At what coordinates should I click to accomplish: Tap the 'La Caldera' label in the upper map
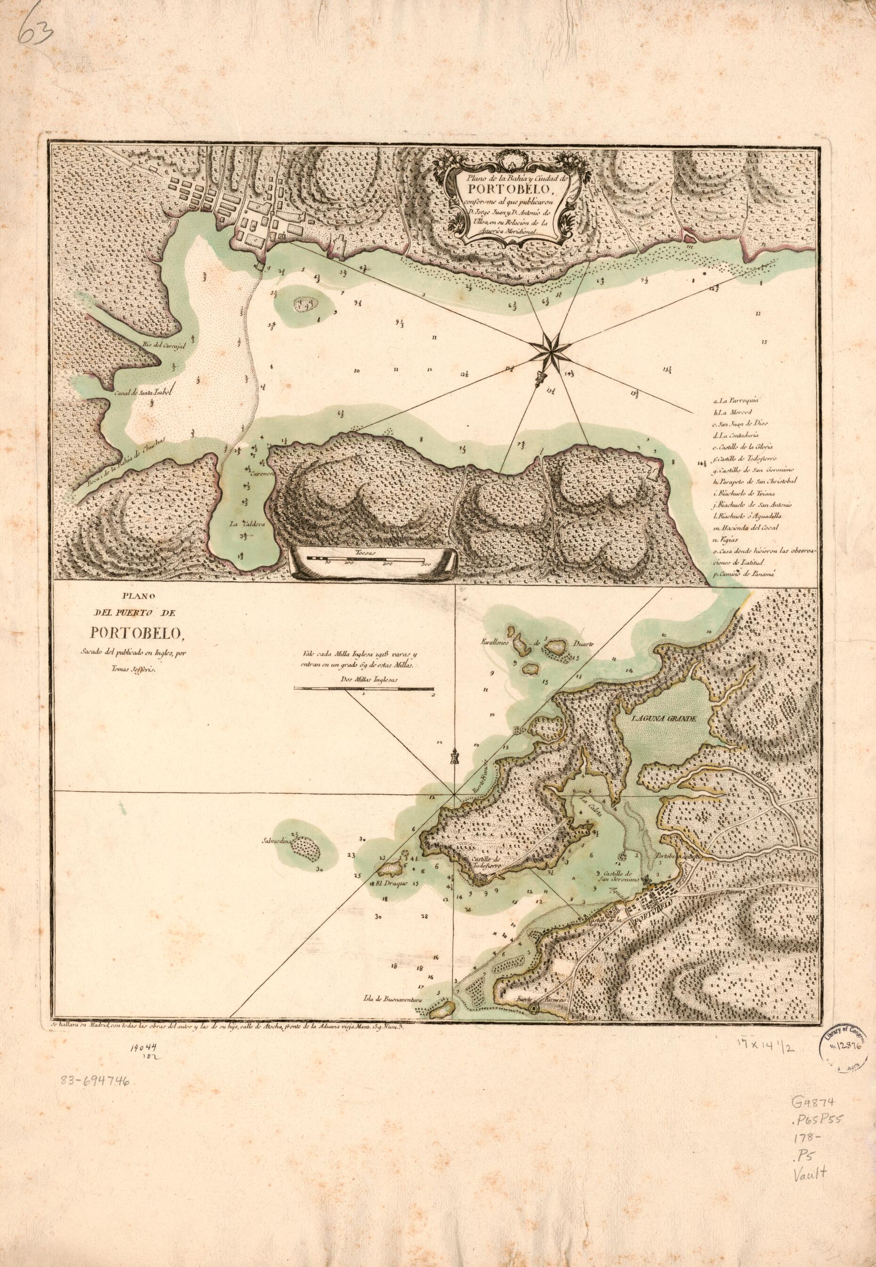(240, 523)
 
